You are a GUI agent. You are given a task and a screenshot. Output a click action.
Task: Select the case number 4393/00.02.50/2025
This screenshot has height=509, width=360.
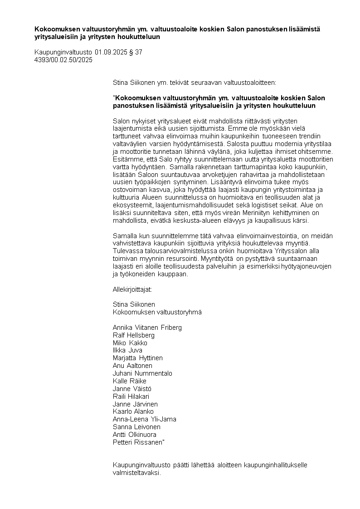point(63,60)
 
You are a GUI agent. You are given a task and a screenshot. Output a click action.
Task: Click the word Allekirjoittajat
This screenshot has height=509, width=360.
point(132,289)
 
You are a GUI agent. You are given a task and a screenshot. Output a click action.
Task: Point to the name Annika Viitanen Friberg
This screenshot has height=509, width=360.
point(147,327)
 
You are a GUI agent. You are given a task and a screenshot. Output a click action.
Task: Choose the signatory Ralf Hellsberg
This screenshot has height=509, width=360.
point(133,335)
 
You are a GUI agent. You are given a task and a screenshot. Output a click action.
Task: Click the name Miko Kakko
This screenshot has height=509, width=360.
point(130,343)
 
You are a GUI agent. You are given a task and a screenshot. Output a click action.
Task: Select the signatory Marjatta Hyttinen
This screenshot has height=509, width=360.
point(137,358)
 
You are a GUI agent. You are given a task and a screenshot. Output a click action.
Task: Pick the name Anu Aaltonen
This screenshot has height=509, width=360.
point(132,366)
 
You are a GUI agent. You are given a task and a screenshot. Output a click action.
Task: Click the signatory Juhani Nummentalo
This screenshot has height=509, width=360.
point(142,373)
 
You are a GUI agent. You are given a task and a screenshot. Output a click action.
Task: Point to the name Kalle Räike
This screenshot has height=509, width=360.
point(129,381)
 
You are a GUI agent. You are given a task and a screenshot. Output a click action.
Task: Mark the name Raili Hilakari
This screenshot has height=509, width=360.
point(131,396)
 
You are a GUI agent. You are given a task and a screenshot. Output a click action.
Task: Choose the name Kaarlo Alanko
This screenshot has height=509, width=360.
point(133,411)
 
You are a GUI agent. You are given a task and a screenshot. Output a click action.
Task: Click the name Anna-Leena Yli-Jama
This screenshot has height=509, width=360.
point(144,419)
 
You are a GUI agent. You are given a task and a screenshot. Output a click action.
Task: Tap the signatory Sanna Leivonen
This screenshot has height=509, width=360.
point(136,427)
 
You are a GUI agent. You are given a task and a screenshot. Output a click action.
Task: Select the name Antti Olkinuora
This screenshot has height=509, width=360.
point(134,435)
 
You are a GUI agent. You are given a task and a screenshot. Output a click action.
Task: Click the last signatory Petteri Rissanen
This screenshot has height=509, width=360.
point(137,442)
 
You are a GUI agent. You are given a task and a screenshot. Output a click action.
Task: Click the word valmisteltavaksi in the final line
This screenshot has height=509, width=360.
point(136,473)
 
